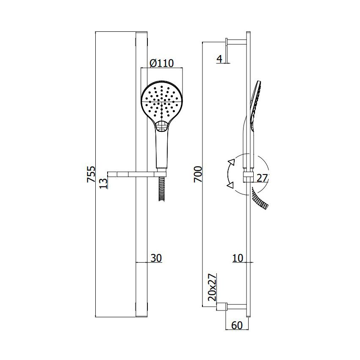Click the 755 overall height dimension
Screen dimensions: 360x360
tap(91, 174)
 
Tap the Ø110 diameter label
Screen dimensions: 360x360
tap(162, 64)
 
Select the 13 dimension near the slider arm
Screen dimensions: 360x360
tap(103, 183)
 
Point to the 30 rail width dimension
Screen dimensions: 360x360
tap(156, 258)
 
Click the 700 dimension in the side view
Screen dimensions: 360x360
tap(198, 174)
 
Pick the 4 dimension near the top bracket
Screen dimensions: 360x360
tap(220, 59)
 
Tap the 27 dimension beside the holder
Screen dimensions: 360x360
tap(262, 178)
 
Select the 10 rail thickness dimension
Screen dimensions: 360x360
tap(238, 258)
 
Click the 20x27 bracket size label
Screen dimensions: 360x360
tap(212, 287)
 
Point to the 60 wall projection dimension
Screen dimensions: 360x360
tap(237, 325)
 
